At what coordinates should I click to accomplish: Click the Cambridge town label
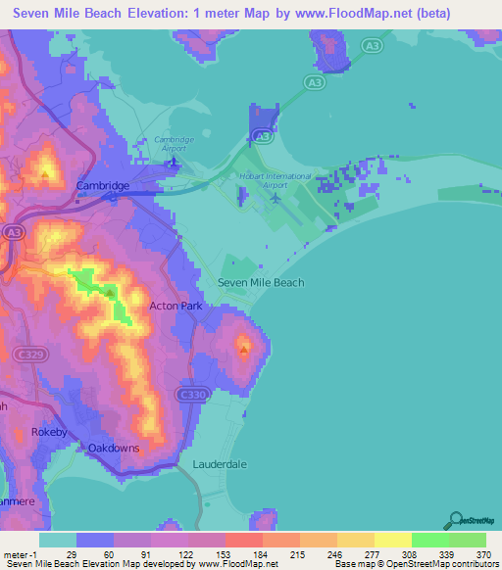click(x=103, y=185)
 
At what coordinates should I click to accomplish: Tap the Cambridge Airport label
click(x=175, y=145)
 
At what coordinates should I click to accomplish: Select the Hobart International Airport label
click(x=276, y=179)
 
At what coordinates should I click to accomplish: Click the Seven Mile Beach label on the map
click(x=261, y=282)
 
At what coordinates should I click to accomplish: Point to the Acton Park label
click(x=175, y=306)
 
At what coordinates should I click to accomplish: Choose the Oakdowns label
click(x=114, y=448)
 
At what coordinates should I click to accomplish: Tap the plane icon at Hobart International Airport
click(x=276, y=199)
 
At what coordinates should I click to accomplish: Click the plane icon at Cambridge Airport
click(x=175, y=162)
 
